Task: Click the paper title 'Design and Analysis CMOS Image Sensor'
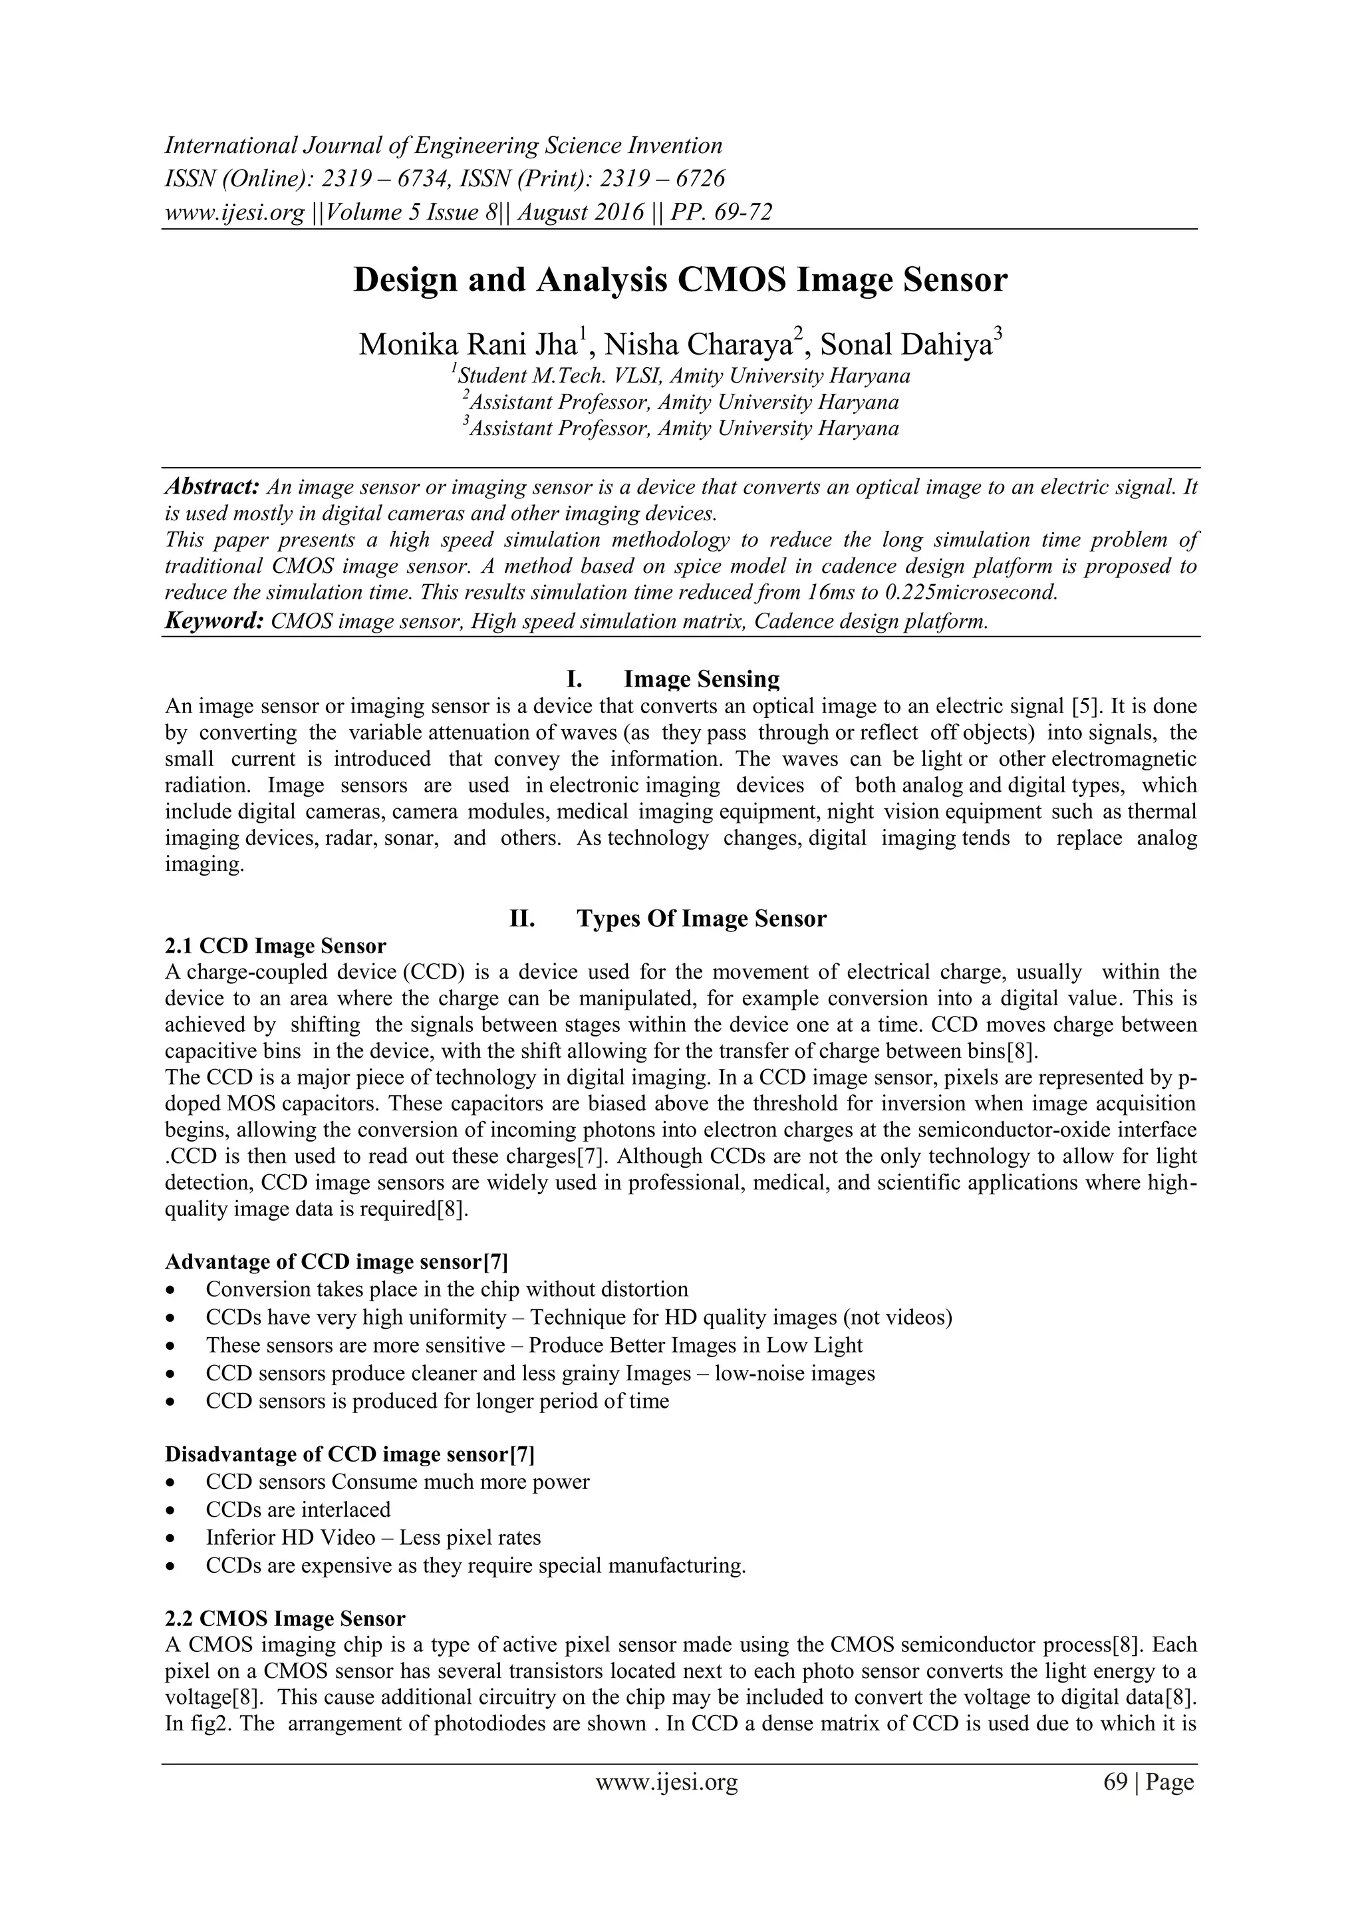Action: click(x=680, y=280)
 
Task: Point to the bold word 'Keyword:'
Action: click(x=215, y=621)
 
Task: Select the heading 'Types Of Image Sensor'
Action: click(x=701, y=919)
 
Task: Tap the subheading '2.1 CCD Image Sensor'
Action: click(x=275, y=946)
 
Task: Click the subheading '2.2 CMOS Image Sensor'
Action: click(x=285, y=1619)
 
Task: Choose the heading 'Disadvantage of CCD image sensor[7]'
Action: click(x=349, y=1454)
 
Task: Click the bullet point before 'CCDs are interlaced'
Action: click(x=171, y=1511)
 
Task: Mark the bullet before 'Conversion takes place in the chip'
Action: click(x=171, y=1290)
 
